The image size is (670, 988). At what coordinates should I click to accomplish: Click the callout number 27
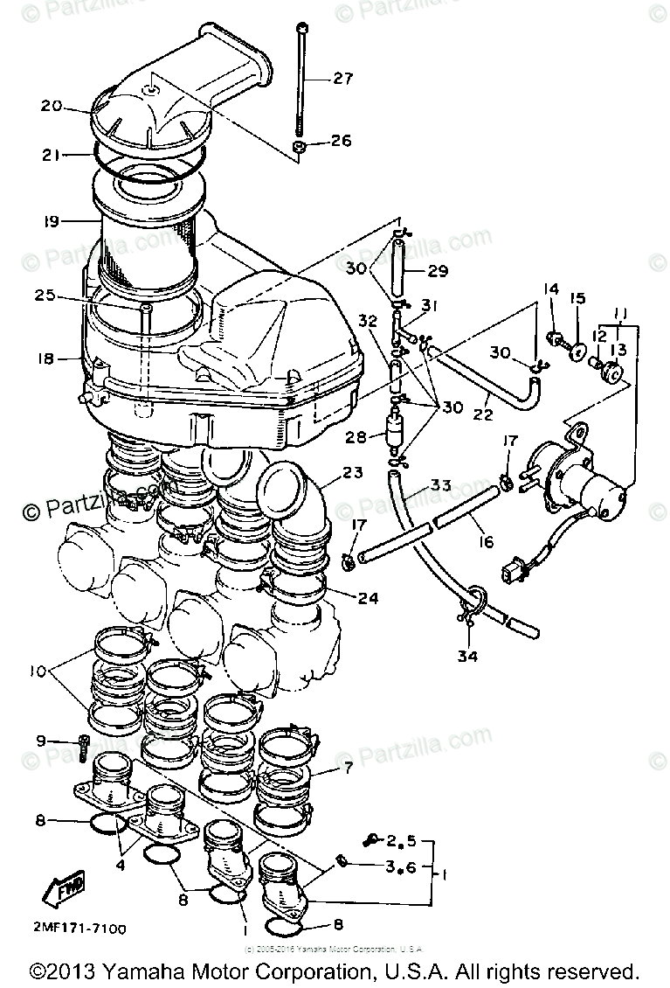click(342, 79)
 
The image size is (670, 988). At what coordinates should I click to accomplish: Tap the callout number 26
click(341, 141)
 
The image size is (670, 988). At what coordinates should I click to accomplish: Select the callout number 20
click(52, 106)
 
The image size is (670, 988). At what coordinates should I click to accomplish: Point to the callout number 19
click(50, 222)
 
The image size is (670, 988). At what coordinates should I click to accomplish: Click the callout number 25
click(46, 296)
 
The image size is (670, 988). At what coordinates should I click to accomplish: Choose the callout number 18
click(46, 358)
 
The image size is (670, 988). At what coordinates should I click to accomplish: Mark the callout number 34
click(468, 657)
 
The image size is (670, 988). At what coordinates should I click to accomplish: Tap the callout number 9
click(40, 741)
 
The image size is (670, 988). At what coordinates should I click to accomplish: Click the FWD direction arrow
click(58, 892)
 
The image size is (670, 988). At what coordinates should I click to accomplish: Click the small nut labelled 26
click(299, 146)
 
